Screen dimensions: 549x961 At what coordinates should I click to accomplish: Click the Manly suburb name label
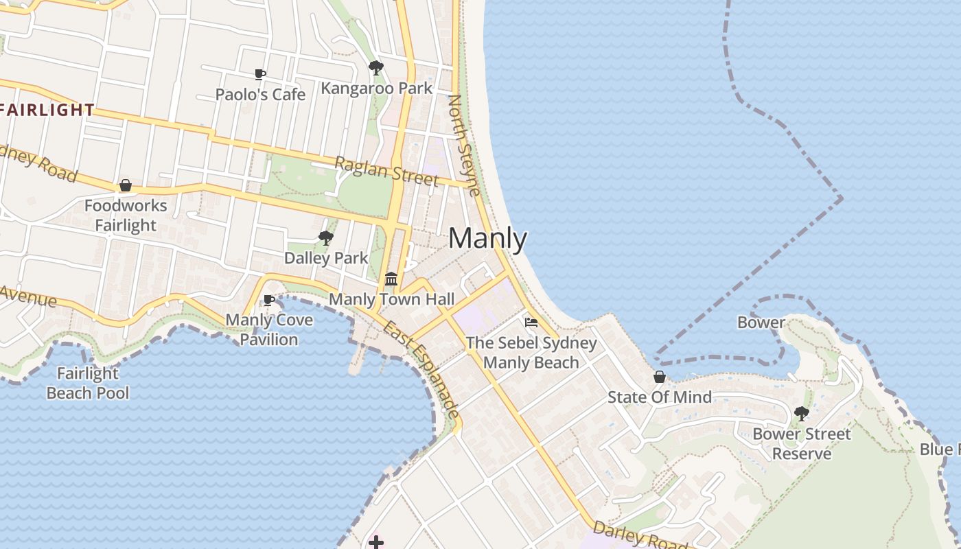[x=487, y=239]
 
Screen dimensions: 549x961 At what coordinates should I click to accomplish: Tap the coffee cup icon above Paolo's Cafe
[x=260, y=74]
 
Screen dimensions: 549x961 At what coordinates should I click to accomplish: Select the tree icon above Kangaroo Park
[x=375, y=67]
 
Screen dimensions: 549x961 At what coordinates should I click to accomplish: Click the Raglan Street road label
[x=386, y=171]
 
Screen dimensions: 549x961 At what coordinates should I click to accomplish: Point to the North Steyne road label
[x=464, y=145]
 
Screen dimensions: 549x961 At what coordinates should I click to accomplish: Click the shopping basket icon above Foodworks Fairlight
[x=126, y=185]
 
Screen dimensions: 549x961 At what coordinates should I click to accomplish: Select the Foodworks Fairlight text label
[x=126, y=215]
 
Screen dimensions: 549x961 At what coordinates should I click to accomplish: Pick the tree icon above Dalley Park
[x=326, y=238]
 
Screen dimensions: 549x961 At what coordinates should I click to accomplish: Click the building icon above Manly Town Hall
[x=391, y=279]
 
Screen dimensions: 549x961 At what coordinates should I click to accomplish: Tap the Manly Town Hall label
[x=391, y=299]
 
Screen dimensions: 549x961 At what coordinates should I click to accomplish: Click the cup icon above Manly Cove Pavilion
[x=269, y=300]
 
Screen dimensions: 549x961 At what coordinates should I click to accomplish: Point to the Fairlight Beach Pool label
[x=88, y=383]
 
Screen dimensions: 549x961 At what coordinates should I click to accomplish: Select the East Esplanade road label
[x=421, y=369]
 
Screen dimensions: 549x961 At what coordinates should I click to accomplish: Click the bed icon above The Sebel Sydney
[x=531, y=323]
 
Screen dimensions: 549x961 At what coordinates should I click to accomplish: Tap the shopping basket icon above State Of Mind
[x=660, y=377]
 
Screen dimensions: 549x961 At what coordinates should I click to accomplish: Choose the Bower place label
[x=761, y=322]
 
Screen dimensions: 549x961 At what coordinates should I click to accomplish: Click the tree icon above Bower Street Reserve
[x=801, y=413]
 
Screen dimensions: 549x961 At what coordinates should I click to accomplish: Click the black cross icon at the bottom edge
[x=375, y=542]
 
